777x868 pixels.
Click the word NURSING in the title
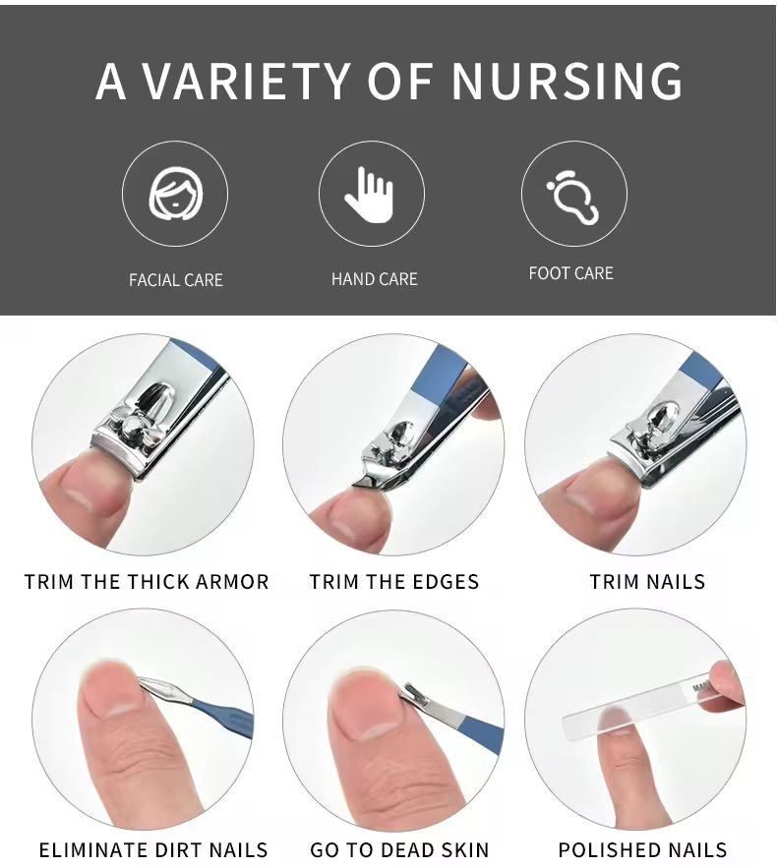(567, 81)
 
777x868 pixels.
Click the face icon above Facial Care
(175, 194)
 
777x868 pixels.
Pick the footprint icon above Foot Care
(573, 198)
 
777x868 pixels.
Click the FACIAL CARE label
(175, 280)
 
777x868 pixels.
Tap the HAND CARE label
(375, 279)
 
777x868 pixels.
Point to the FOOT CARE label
(571, 273)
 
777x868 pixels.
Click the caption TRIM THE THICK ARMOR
(147, 582)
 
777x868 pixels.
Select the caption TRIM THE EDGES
(393, 582)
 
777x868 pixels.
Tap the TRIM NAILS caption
(647, 582)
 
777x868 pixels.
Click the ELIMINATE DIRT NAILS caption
(153, 849)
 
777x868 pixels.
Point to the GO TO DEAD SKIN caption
(399, 849)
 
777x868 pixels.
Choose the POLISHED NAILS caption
(642, 849)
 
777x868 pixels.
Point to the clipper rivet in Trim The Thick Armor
(133, 427)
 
